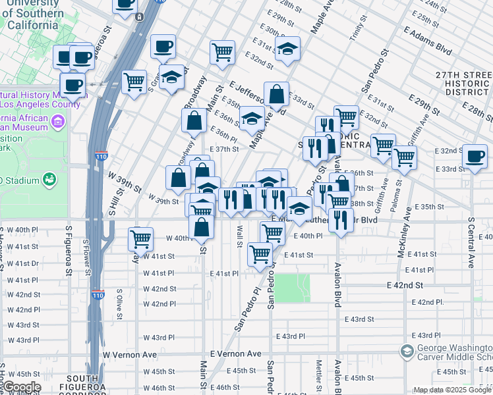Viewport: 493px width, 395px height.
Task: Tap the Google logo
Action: tap(21, 387)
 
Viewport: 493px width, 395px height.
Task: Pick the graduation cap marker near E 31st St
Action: tap(287, 49)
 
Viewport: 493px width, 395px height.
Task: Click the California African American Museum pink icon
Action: tap(58, 121)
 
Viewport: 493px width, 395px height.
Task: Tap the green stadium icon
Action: tap(49, 179)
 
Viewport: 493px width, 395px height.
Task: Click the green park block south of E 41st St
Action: tap(292, 288)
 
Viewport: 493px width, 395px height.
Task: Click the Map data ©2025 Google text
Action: tap(451, 389)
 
